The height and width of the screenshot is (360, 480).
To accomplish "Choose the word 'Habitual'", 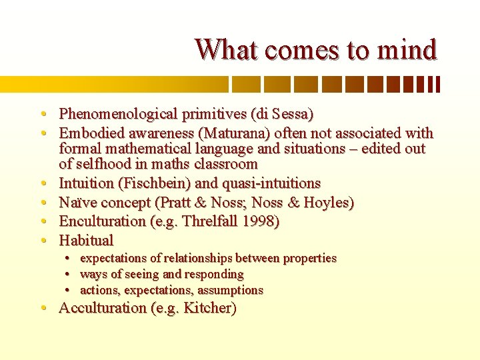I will pyautogui.click(x=87, y=240).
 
